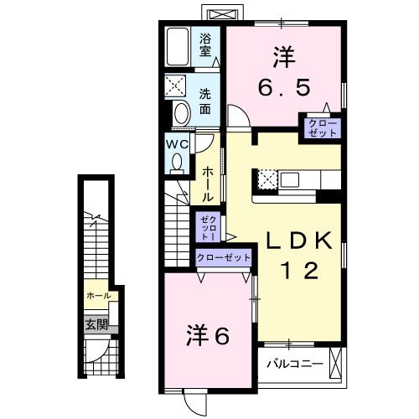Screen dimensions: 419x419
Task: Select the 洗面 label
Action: [205, 101]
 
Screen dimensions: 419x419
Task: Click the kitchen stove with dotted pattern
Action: [266, 178]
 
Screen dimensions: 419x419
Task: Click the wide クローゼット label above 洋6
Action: [224, 259]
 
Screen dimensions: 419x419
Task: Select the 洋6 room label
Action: [208, 336]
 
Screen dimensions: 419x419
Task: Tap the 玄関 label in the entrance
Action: [95, 324]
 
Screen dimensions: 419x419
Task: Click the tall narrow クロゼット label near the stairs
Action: [206, 228]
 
